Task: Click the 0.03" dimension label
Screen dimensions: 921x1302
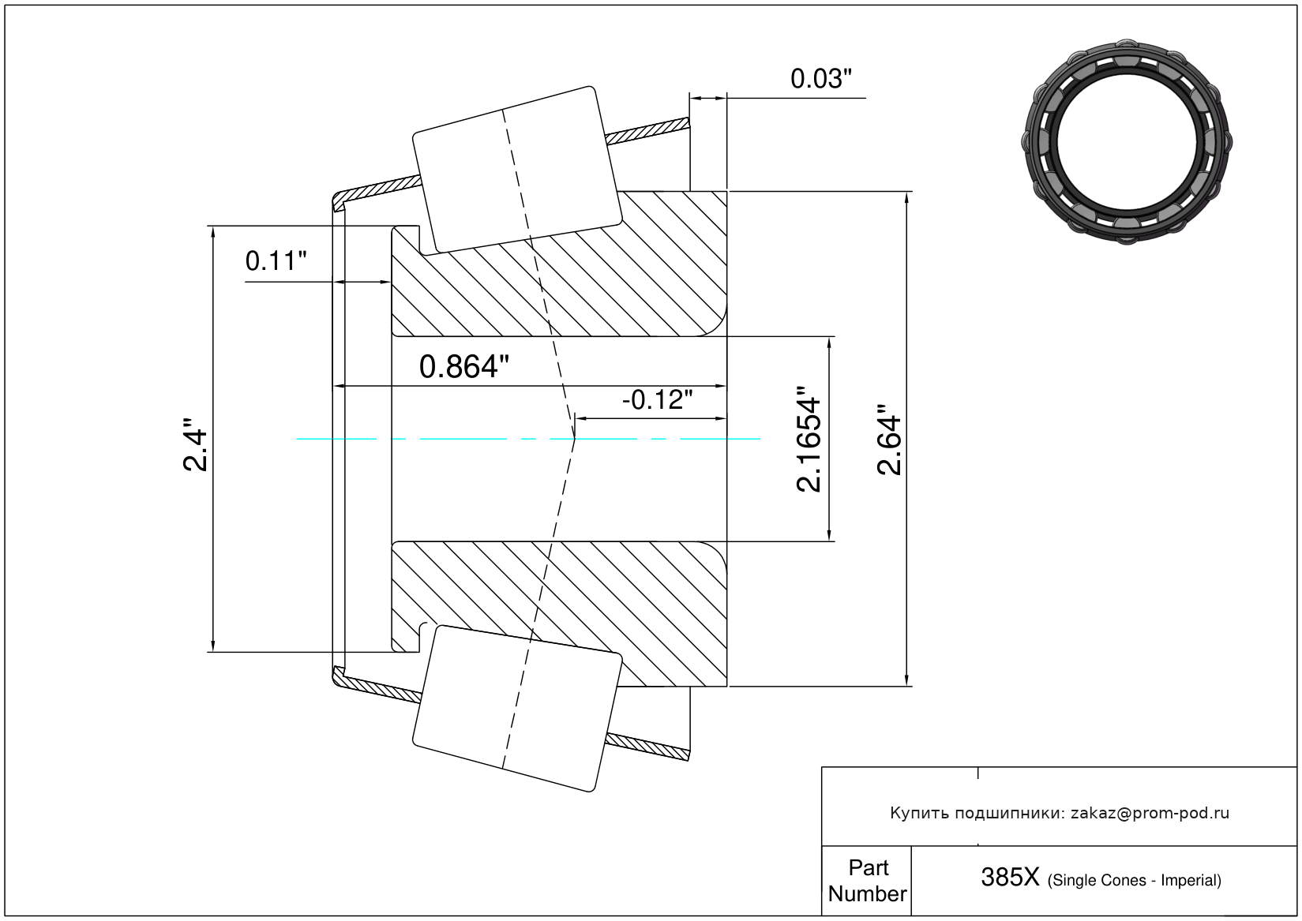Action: (821, 79)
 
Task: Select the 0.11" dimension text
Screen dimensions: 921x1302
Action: (276, 260)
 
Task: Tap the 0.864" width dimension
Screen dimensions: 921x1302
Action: (463, 367)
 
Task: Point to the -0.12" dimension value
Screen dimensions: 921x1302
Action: (657, 400)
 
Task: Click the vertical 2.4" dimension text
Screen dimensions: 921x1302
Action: (195, 445)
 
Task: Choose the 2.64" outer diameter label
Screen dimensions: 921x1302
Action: (890, 440)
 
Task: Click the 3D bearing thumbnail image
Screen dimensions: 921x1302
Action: (1128, 140)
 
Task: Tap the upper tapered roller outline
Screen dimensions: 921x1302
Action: (517, 170)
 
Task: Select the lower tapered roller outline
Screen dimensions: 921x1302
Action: (517, 708)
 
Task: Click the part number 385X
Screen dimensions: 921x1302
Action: (1010, 877)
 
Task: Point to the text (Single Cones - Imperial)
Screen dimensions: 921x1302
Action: (1134, 880)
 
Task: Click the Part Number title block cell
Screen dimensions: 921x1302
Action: (867, 881)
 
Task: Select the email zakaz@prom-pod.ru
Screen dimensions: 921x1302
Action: (1150, 813)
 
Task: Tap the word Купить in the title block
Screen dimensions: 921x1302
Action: (919, 813)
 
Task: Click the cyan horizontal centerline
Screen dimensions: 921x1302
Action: (474, 439)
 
